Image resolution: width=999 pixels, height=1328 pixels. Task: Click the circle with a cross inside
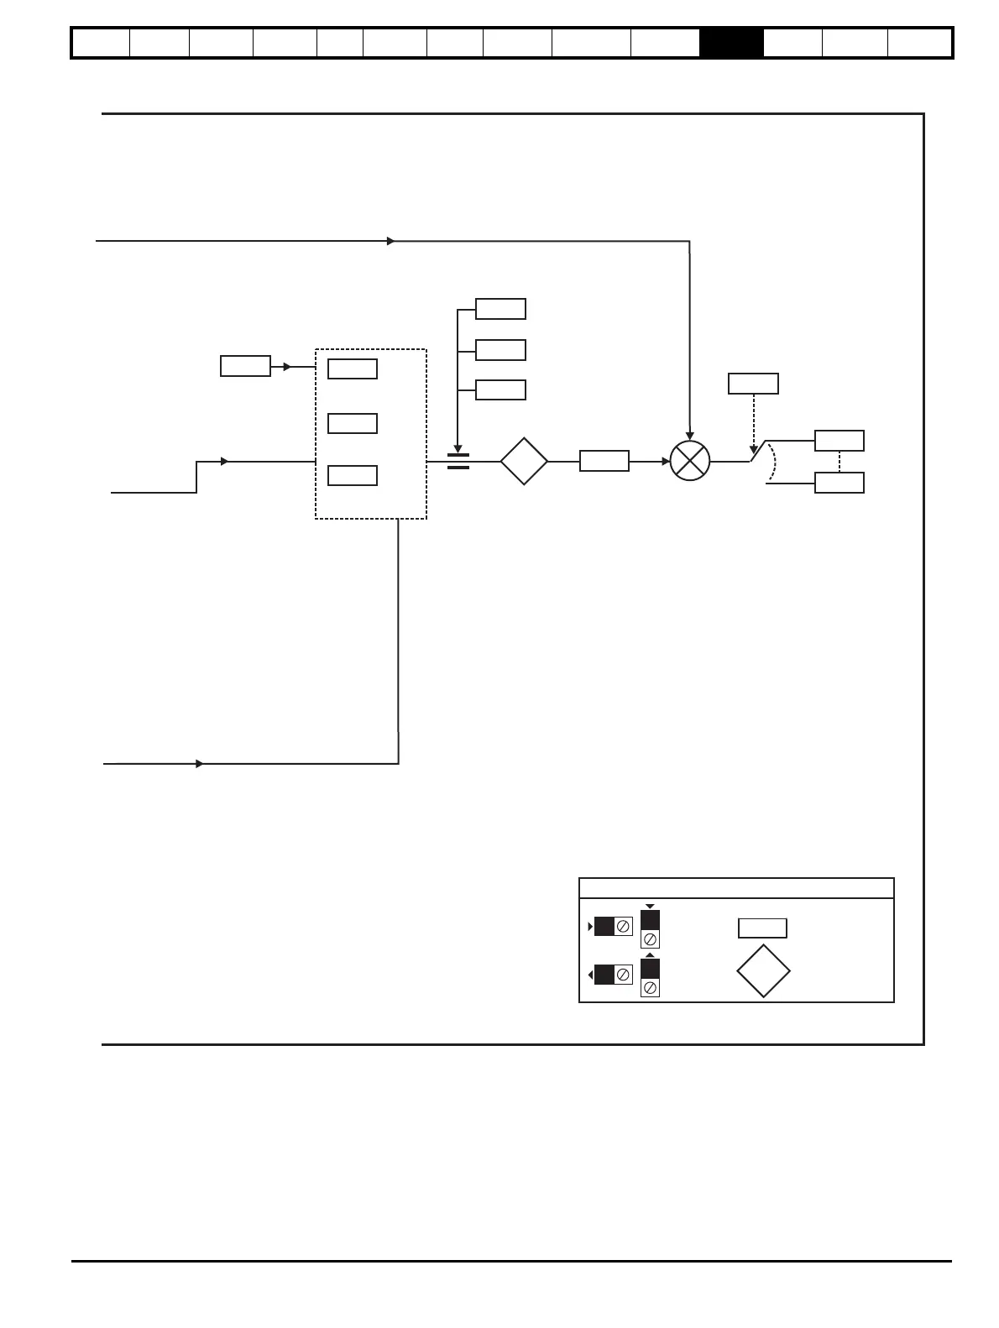(x=690, y=461)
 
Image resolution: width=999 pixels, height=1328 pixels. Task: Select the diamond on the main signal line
(x=524, y=461)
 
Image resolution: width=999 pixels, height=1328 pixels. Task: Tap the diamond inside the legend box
(x=763, y=971)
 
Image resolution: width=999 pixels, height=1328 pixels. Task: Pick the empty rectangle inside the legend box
(x=762, y=928)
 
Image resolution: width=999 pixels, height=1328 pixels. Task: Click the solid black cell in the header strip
(x=731, y=43)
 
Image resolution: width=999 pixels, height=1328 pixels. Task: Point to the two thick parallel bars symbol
(x=458, y=461)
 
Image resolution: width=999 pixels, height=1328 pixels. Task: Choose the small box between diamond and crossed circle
(x=604, y=461)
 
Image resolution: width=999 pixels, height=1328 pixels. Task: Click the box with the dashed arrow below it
(x=753, y=384)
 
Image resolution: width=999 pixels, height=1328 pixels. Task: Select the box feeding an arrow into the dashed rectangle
(x=245, y=366)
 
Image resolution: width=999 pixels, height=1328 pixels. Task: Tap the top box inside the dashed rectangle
(x=353, y=369)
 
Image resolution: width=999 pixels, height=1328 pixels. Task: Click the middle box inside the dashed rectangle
(x=353, y=423)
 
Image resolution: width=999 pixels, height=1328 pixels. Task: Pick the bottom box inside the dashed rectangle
(x=353, y=475)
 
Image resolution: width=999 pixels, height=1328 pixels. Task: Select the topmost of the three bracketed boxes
(x=500, y=309)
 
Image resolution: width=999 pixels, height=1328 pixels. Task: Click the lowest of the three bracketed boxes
(x=500, y=390)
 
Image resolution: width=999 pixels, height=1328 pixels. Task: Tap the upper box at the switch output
(x=839, y=441)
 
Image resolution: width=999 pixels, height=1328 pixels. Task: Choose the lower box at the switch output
(x=839, y=483)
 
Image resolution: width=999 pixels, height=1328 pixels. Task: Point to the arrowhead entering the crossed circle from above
(x=690, y=436)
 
